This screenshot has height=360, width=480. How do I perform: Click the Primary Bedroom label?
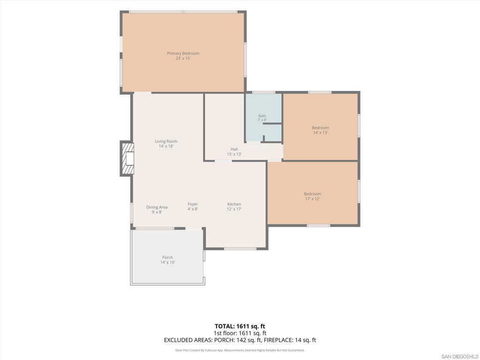coord(183,53)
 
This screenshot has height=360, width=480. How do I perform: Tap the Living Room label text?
coord(166,141)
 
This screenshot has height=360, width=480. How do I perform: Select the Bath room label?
coord(262,116)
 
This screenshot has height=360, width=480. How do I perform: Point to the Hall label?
coord(234,149)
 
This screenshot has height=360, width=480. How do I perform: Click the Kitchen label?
coord(234,204)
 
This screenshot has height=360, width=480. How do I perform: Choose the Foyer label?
coord(193,204)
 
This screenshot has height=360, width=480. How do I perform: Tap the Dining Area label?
coord(157,207)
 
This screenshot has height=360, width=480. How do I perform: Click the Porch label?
coord(167,257)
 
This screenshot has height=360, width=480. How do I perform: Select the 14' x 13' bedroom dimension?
coord(321,133)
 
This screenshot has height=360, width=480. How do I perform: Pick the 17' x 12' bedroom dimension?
coord(313,199)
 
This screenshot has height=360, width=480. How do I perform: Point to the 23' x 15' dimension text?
coord(183,58)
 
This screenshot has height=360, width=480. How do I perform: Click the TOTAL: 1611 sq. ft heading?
coord(240,326)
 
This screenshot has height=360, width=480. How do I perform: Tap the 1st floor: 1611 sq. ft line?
coord(240,333)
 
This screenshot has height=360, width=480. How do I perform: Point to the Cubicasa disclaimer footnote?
coord(240,350)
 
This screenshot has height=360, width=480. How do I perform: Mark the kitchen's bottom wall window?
coord(240,248)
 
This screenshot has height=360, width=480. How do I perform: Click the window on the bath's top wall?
coord(263,92)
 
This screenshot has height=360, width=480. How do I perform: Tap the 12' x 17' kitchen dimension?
coord(234,209)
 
